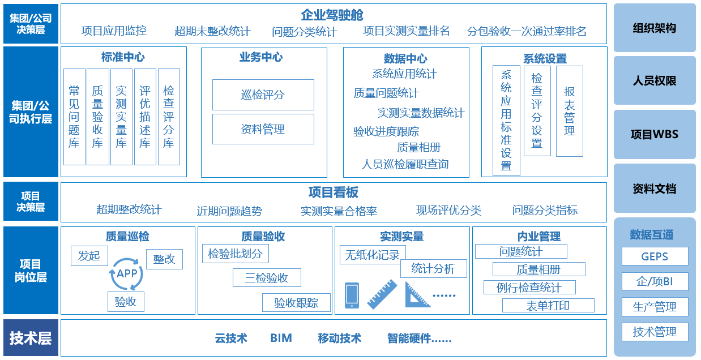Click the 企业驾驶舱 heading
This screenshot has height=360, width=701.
[x=332, y=15]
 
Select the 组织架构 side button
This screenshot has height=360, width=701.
[x=655, y=28]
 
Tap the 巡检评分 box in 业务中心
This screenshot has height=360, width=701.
[x=263, y=95]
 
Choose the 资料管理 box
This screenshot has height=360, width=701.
[x=263, y=129]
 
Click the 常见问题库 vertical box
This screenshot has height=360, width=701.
[x=74, y=117]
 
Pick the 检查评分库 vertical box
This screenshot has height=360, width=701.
[x=169, y=117]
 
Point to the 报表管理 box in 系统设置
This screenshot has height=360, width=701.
[x=569, y=111]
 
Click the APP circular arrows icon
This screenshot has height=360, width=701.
[x=126, y=274]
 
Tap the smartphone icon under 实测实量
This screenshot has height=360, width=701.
[x=352, y=295]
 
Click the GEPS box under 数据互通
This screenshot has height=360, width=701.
[x=655, y=256]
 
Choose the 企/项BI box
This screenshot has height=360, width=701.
[x=655, y=281]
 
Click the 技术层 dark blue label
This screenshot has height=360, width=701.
[x=31, y=338]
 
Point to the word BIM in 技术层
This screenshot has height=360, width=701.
[x=281, y=338]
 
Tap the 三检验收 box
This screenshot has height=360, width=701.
[x=267, y=278]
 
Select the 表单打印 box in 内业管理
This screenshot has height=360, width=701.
[x=548, y=306]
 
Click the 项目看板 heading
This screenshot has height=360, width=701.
[x=333, y=192]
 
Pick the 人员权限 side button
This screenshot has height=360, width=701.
[x=655, y=81]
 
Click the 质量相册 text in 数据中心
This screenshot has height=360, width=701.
[x=418, y=147]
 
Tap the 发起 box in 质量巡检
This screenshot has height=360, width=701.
[x=89, y=256]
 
